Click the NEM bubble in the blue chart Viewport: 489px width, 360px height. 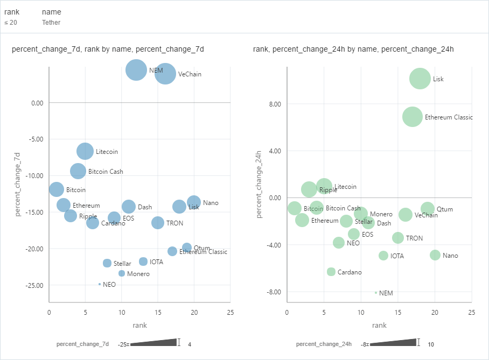136,70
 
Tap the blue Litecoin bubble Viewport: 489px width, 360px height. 85,151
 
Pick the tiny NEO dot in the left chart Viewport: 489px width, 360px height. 100,284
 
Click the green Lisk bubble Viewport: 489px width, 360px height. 420,79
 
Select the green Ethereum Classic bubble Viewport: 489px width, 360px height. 413,117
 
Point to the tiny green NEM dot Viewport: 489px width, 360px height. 376,292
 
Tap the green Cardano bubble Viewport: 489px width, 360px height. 331,272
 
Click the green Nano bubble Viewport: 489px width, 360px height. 435,255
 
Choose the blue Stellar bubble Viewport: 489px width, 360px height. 107,263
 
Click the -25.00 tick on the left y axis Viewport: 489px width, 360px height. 34,285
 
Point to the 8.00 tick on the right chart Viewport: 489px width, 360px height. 275,104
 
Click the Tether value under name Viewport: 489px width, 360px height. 51,23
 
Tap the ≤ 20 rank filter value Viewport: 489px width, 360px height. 11,23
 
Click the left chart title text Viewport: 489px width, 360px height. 108,50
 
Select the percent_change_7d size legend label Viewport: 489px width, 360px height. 82,344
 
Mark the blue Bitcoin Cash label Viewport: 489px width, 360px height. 106,172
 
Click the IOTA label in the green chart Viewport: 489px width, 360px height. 397,256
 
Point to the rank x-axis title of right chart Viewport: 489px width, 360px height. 379,325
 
